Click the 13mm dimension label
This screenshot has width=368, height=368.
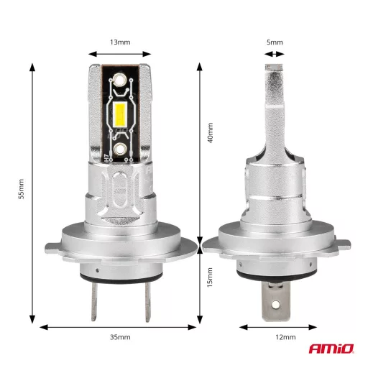120,42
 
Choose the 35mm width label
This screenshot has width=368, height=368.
120,337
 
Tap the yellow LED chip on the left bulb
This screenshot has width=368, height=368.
121,114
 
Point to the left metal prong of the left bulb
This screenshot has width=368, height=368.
96,302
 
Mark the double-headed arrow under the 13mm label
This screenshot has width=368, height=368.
120,53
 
